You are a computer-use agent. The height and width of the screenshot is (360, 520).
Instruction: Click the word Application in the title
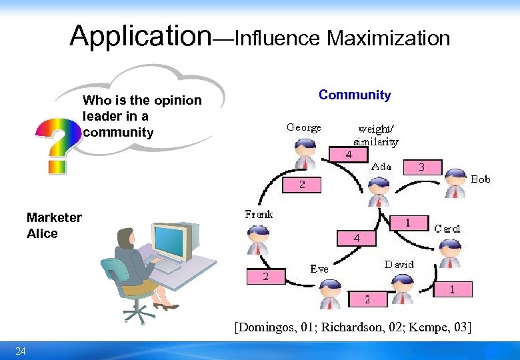[x=140, y=36]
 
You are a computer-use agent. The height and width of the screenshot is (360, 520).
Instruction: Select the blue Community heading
[x=355, y=95]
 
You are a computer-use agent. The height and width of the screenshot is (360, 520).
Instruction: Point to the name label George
[x=303, y=127]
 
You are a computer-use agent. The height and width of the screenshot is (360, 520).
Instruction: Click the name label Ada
[x=381, y=167]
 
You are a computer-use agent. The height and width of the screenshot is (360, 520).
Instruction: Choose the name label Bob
[x=480, y=179]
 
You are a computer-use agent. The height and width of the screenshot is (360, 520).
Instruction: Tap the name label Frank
[x=259, y=215]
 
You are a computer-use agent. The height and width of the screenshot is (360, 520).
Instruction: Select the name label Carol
[x=447, y=229]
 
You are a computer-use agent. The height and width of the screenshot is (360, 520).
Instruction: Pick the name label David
[x=399, y=265]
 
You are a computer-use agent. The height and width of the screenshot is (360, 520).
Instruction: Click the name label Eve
[x=319, y=269]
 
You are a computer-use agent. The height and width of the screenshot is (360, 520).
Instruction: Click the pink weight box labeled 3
[x=421, y=167]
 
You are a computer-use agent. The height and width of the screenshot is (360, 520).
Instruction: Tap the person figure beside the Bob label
[x=455, y=184]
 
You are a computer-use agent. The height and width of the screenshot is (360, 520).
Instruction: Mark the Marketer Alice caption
[x=53, y=225]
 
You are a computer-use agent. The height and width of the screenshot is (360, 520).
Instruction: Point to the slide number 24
[x=21, y=351]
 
